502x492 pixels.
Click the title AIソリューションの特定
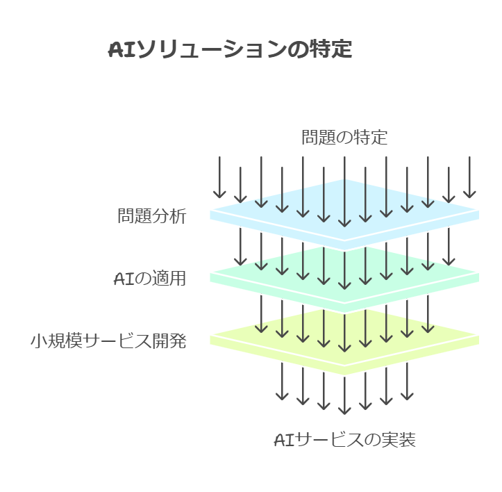click(x=230, y=50)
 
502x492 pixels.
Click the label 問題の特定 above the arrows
click(x=344, y=137)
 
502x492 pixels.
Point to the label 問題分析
click(x=151, y=216)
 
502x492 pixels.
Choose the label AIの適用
click(x=149, y=279)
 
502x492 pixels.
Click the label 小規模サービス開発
click(x=108, y=341)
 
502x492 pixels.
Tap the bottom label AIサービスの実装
click(x=344, y=440)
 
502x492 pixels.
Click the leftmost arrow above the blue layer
click(x=219, y=177)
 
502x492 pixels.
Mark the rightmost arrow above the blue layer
click(x=469, y=177)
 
